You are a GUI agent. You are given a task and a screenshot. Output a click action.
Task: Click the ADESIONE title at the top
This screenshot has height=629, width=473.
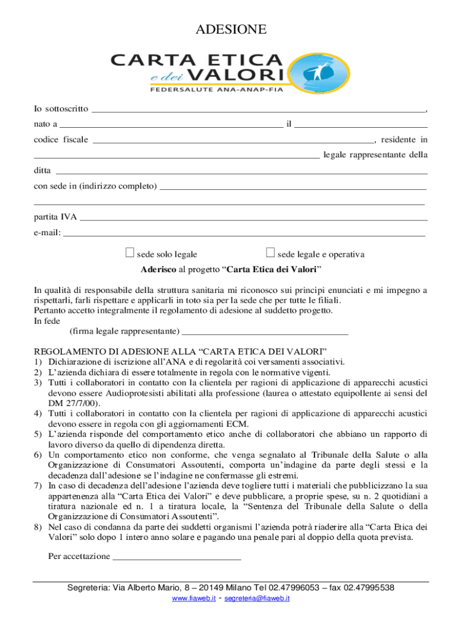pos(231,29)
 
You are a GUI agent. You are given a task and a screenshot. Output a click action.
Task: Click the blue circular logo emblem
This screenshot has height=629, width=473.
pos(315,73)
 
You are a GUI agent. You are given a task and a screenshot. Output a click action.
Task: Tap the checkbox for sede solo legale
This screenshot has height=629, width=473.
pos(129,252)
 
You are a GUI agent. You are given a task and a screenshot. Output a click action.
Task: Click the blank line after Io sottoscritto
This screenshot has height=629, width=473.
pos(258,111)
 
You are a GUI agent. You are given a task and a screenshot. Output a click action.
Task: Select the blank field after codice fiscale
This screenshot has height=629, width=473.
pos(233,141)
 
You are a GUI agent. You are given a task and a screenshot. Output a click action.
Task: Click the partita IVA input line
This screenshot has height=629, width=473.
pos(254,218)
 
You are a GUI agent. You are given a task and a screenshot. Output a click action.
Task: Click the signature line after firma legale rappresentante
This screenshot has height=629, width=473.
pos(265,333)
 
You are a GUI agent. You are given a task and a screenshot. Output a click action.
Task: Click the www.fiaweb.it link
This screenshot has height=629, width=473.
pos(193,598)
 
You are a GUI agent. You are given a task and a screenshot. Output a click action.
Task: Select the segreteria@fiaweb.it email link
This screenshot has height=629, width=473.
pos(257,598)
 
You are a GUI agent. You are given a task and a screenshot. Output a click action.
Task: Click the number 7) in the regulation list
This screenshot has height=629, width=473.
pos(38,485)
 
